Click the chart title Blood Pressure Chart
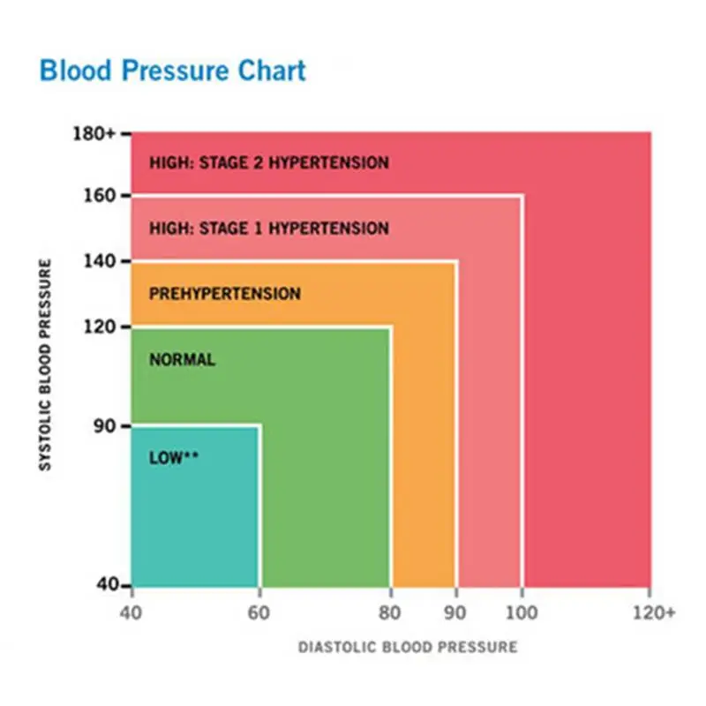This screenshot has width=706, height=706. pos(173,71)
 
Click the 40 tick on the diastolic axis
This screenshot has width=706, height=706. pos(131,611)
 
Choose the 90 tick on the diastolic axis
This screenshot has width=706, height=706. pos(456,611)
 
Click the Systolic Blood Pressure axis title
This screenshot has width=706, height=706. pos(45,364)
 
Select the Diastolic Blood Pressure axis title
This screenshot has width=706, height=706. pos(407,648)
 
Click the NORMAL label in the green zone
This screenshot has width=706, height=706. pos(182,360)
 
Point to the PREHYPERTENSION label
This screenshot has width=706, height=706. pos(224,294)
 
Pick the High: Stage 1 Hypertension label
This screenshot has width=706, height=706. pos(268,229)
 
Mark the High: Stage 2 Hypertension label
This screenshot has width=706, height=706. pos(268,163)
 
